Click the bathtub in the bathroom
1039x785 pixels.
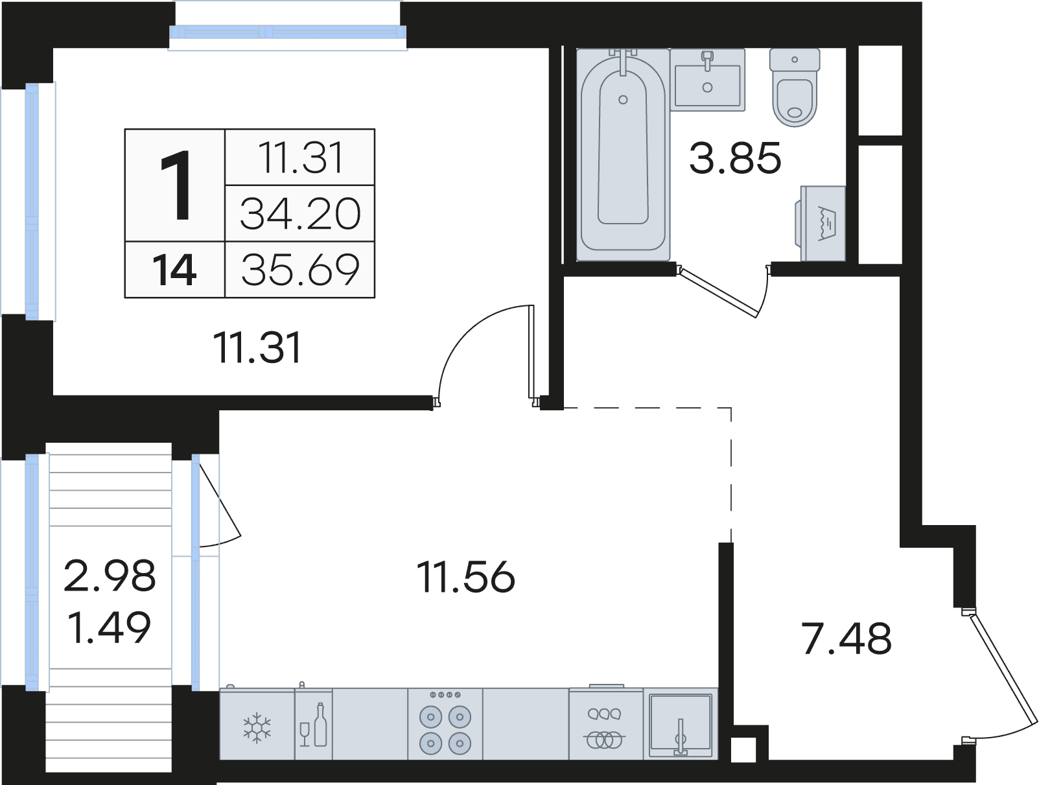click(623, 154)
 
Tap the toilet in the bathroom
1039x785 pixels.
click(795, 88)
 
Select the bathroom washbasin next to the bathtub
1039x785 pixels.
click(708, 80)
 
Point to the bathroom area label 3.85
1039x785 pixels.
click(734, 158)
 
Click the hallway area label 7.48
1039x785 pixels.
click(846, 639)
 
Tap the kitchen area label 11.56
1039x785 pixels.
click(466, 577)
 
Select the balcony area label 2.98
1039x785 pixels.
click(110, 576)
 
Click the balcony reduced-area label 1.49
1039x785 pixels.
click(110, 627)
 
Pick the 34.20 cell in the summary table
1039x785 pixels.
click(300, 213)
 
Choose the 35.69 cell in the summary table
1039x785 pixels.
click(300, 270)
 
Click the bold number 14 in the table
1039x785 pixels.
click(174, 270)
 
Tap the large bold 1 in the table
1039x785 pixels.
click(176, 185)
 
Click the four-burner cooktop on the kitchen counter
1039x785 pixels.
click(445, 725)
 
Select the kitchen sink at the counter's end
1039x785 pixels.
click(681, 725)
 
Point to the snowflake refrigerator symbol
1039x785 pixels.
click(257, 727)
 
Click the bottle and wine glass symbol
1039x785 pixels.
click(314, 725)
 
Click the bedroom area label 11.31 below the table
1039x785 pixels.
click(257, 348)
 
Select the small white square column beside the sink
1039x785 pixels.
click(743, 750)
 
